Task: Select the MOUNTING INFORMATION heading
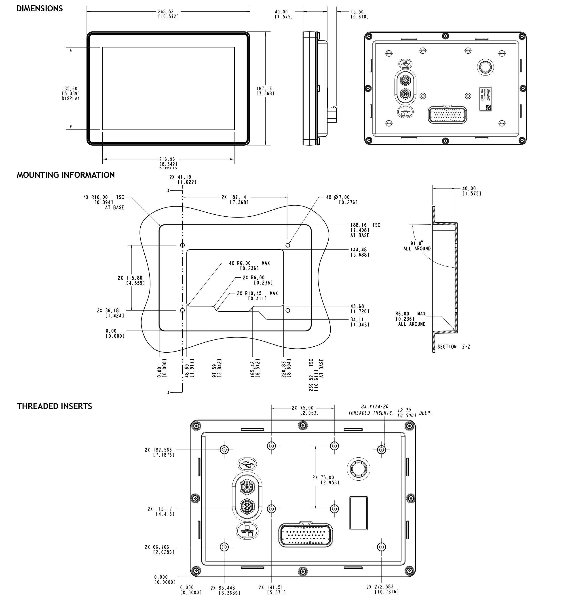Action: click(66, 175)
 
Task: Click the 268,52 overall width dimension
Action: click(168, 14)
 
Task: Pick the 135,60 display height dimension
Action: click(71, 93)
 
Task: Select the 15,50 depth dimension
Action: click(359, 14)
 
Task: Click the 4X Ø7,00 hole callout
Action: click(342, 200)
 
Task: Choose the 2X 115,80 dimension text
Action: click(131, 280)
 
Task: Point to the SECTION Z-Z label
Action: click(454, 347)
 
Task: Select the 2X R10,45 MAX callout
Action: click(257, 295)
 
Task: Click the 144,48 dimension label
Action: click(359, 252)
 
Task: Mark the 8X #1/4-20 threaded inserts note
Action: click(389, 410)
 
